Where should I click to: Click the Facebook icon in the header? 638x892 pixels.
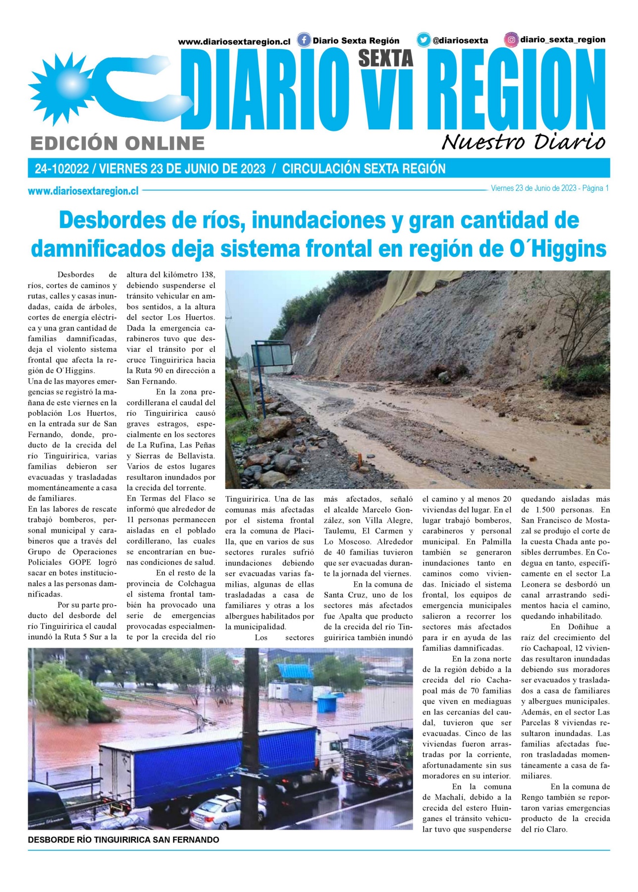[304, 40]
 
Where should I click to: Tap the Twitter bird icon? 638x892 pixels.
[423, 40]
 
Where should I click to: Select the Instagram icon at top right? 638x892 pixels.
[511, 40]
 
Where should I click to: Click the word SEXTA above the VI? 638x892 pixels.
[385, 58]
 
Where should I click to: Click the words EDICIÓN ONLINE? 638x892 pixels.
[117, 144]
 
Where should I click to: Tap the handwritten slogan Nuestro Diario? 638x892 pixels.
[523, 142]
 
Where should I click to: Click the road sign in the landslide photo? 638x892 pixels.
[271, 355]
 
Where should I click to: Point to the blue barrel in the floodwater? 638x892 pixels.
[326, 703]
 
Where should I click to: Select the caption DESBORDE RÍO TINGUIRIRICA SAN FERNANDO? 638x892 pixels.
[123, 840]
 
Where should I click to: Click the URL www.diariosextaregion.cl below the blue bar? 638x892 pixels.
[83, 191]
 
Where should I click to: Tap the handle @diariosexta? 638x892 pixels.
[460, 41]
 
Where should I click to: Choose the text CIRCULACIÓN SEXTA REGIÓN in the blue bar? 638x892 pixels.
[364, 168]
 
